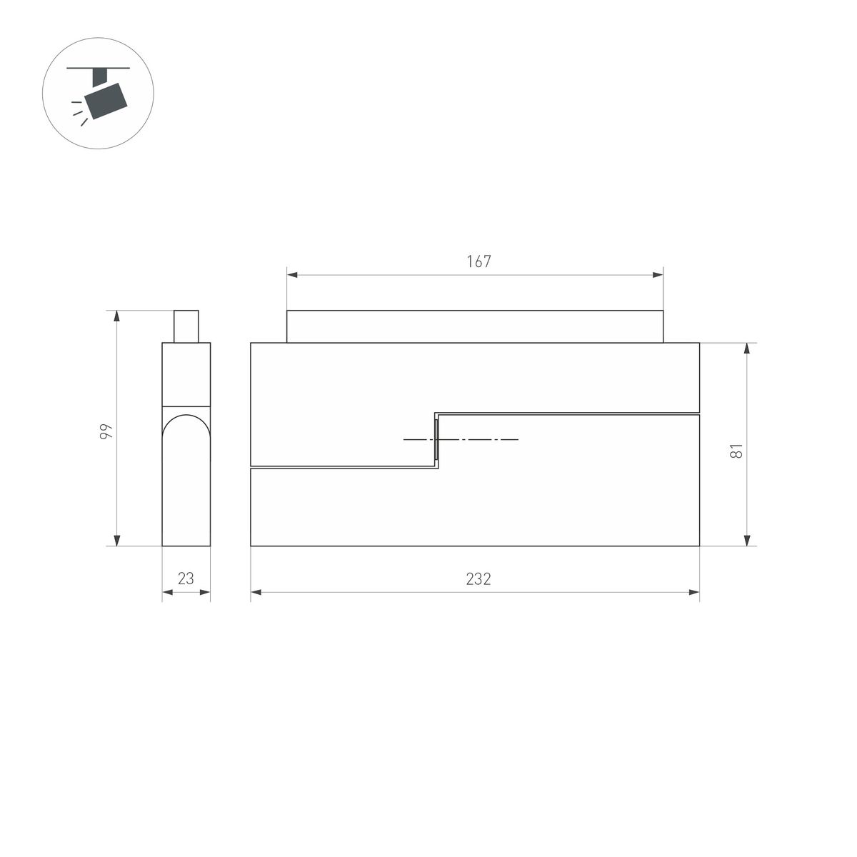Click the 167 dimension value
click(x=478, y=261)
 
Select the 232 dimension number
click(x=478, y=579)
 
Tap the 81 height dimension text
click(x=738, y=451)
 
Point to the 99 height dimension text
click(x=106, y=431)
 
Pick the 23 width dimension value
click(x=186, y=579)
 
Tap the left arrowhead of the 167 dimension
click(x=292, y=275)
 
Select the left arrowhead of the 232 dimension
click(x=256, y=592)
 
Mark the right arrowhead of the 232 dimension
click(x=694, y=592)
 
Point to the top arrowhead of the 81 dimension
click(x=747, y=349)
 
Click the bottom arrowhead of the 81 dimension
click(x=747, y=540)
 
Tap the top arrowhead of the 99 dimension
click(x=116, y=316)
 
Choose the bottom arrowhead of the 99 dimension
click(x=116, y=540)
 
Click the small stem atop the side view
click(x=186, y=326)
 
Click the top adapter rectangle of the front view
click(x=475, y=326)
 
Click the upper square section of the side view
click(x=186, y=374)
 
